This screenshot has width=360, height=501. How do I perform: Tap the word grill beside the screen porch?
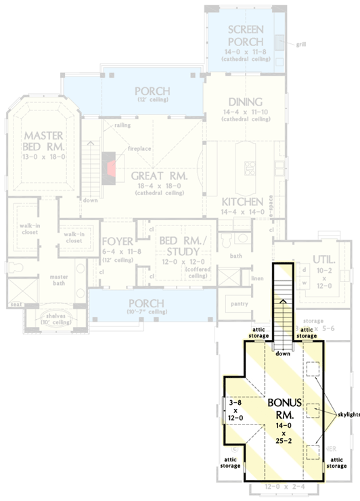tap(300, 45)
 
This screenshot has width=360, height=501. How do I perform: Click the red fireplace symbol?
tap(110, 164)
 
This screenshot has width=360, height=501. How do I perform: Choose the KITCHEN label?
tap(242, 202)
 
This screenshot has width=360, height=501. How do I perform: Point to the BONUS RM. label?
tap(284, 408)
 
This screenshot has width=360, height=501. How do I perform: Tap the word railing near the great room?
tap(122, 125)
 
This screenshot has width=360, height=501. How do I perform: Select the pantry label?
tap(237, 303)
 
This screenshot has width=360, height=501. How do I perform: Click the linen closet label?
tap(257, 278)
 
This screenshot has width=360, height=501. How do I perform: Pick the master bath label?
tap(51, 280)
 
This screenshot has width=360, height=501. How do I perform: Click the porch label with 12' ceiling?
tap(152, 91)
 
